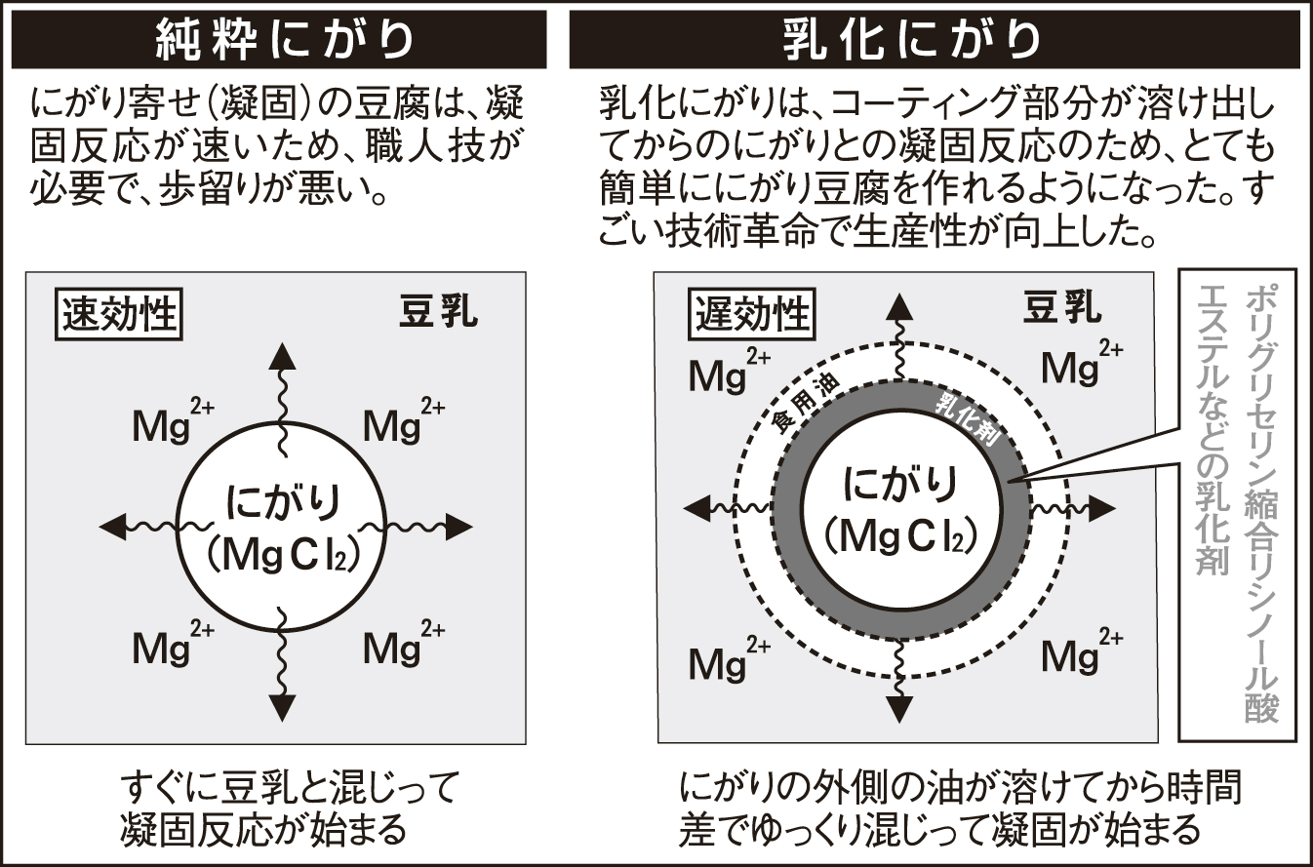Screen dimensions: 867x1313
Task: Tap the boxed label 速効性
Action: coord(120,315)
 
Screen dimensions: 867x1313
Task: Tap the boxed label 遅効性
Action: coord(751,314)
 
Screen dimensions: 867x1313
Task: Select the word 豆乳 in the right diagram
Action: coord(1062,308)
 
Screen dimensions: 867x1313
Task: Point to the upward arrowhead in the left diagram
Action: coord(282,355)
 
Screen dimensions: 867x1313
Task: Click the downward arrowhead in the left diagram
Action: coord(282,706)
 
